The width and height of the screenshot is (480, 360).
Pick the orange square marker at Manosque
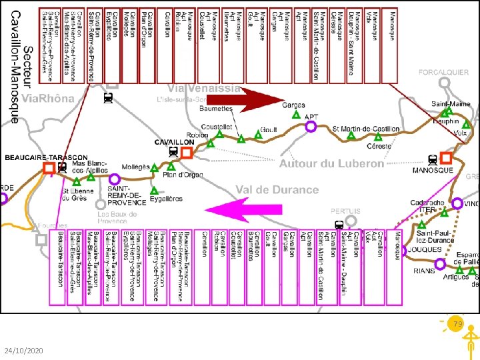click(446, 157)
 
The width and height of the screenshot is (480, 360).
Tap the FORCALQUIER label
click(443, 71)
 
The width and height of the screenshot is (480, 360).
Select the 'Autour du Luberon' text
click(331, 164)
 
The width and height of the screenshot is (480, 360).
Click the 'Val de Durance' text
click(277, 190)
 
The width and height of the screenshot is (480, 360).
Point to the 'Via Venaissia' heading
click(204, 89)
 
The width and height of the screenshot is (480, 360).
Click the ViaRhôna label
click(49, 99)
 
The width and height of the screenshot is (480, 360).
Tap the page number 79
click(458, 323)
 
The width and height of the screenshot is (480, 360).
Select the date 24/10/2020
click(24, 351)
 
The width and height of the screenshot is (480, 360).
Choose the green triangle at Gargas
click(297, 115)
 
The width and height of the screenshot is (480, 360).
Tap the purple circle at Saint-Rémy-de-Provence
click(115, 179)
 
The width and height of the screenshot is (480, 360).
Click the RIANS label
click(424, 271)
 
